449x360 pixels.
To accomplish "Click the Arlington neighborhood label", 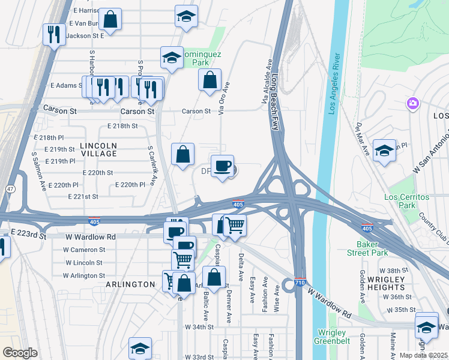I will click(x=131, y=284).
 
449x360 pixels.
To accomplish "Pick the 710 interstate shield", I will click(x=301, y=281).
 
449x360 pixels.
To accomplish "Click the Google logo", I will click(x=20, y=353).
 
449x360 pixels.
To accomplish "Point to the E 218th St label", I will click(x=122, y=126).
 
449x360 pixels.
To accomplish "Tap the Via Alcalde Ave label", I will click(x=265, y=83).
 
